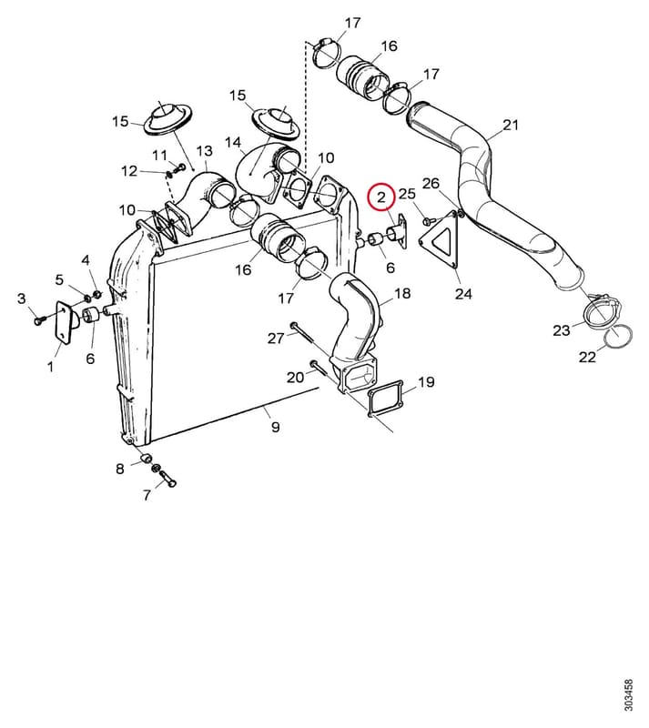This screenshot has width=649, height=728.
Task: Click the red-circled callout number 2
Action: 381,197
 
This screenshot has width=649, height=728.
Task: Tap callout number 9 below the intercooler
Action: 276,426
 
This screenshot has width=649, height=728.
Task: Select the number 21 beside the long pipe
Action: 511,125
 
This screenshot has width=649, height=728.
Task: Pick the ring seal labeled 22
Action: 619,336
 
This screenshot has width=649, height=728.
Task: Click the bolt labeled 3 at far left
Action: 40,320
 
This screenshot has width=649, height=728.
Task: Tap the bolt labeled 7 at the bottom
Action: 168,479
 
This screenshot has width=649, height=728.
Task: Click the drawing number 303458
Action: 628,695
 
